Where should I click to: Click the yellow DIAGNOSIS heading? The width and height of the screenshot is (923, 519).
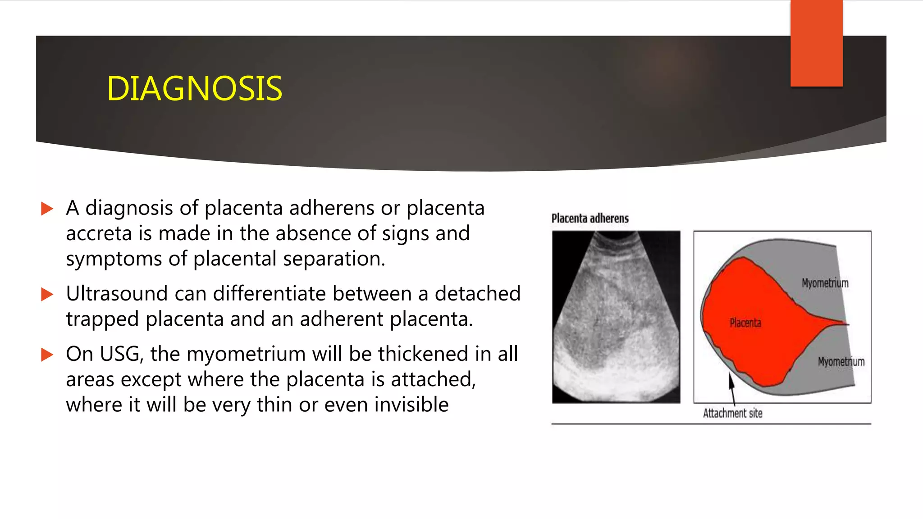pos(194,88)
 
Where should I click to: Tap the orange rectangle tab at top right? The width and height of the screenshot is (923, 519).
pos(816,43)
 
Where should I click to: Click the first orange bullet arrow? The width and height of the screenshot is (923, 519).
pos(47,209)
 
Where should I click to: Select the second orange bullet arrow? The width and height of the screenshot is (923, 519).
pos(47,294)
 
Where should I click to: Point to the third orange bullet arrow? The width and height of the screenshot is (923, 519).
pos(47,355)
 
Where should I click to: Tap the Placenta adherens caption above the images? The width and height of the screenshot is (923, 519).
pos(590,219)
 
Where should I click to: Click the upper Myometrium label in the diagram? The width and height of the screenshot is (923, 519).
pos(825,283)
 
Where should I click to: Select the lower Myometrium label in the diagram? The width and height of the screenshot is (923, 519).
pos(841,362)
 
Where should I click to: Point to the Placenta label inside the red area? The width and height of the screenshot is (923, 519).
pos(745,323)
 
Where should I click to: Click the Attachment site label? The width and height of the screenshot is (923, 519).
pos(732,413)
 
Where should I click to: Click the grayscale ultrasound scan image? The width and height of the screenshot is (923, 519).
pos(616,317)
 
